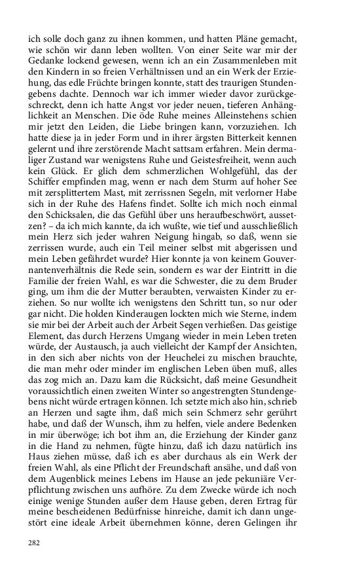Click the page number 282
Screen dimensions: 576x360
[x=34, y=543]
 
